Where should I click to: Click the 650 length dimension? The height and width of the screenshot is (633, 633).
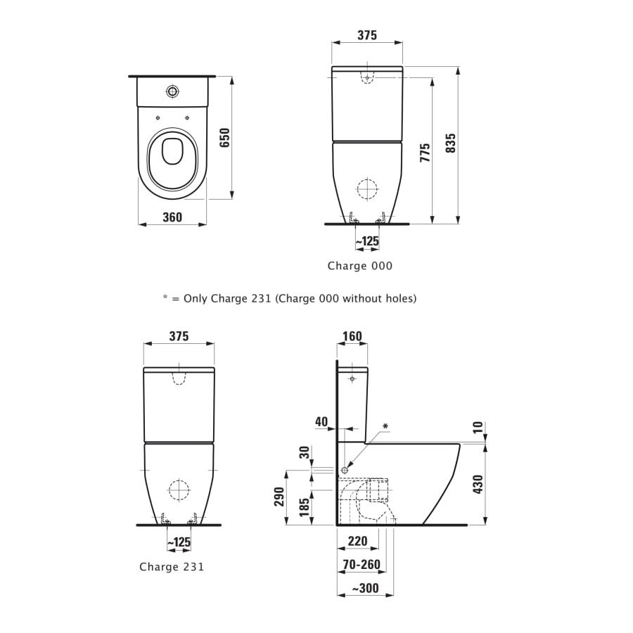pyautogui.click(x=225, y=138)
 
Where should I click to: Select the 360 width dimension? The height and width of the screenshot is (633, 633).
pyautogui.click(x=172, y=217)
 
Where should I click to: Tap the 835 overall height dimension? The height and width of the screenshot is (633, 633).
pyautogui.click(x=451, y=143)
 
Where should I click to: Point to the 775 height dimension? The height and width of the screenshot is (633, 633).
pyautogui.click(x=425, y=153)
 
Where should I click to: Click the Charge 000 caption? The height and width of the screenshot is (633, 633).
pyautogui.click(x=359, y=266)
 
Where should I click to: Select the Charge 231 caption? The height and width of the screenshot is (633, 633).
pyautogui.click(x=172, y=567)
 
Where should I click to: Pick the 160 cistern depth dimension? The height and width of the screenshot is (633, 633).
pyautogui.click(x=352, y=336)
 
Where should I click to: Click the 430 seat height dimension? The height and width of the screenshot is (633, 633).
pyautogui.click(x=478, y=484)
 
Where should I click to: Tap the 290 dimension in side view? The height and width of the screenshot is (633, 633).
pyautogui.click(x=279, y=497)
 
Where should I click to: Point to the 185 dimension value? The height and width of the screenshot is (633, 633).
pyautogui.click(x=305, y=506)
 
